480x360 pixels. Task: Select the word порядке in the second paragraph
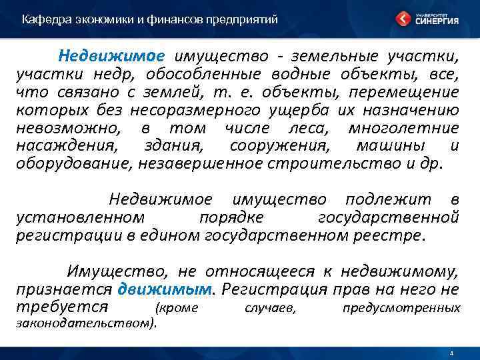tap(231, 217)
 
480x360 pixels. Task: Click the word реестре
tap(391, 235)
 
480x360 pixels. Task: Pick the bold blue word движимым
tap(165, 289)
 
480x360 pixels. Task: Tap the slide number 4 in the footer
tap(452, 353)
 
